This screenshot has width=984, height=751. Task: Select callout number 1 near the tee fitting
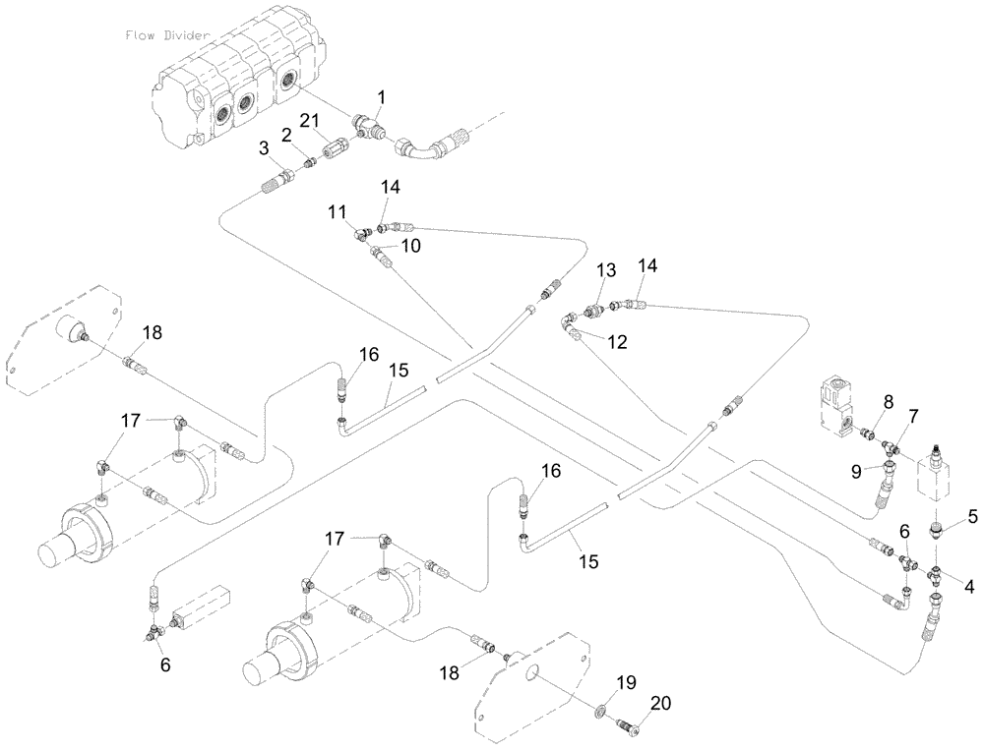click(383, 97)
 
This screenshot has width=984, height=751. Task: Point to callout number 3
click(263, 147)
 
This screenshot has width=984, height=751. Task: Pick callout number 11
click(338, 211)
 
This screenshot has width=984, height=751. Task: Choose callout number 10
click(411, 245)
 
